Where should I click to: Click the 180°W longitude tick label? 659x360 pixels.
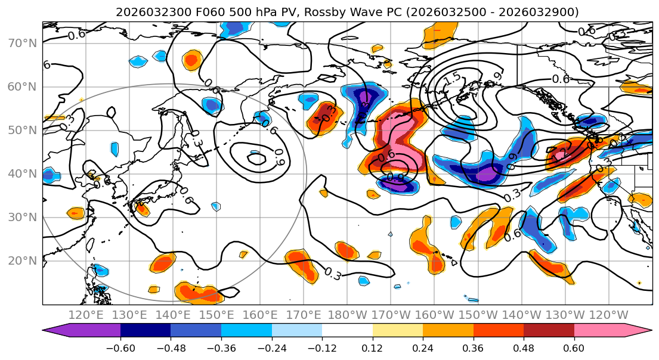tap(348, 315)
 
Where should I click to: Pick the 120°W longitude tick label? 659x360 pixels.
tap(609, 315)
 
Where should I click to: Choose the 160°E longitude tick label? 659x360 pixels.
tap(261, 315)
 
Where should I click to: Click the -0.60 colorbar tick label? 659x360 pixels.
tap(120, 347)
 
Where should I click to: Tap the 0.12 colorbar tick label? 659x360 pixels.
tap(372, 347)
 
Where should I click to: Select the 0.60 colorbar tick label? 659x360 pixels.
tap(574, 347)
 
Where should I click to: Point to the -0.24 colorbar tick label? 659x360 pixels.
tap(271, 347)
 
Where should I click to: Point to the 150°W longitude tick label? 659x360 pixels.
tap(478, 315)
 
